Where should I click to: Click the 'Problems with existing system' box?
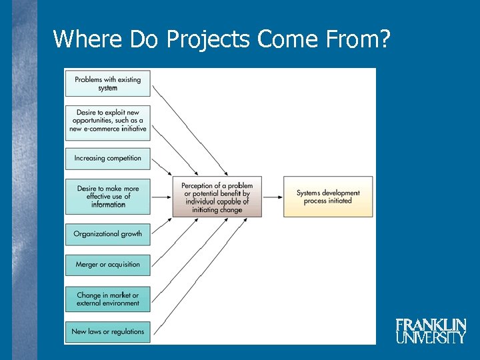pyautogui.click(x=107, y=83)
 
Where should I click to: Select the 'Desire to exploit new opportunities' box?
pyautogui.click(x=107, y=121)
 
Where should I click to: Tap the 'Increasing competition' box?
pyautogui.click(x=107, y=158)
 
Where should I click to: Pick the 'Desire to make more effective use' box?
pyautogui.click(x=107, y=196)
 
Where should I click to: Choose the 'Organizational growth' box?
pyautogui.click(x=107, y=234)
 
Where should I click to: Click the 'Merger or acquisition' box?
pyautogui.click(x=107, y=265)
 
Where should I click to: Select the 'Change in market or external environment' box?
pyautogui.click(x=107, y=299)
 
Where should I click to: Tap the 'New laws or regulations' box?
pyautogui.click(x=107, y=331)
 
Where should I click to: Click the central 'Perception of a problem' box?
pyautogui.click(x=217, y=197)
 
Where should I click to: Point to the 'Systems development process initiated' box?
pyautogui.click(x=328, y=197)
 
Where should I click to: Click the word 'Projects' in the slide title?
pyautogui.click(x=207, y=39)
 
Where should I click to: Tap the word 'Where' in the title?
pyautogui.click(x=83, y=39)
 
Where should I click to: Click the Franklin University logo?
pyautogui.click(x=431, y=331)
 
